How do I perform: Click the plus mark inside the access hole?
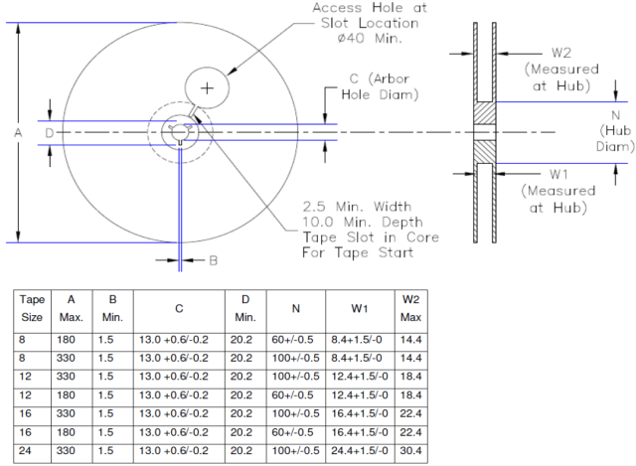[207, 88]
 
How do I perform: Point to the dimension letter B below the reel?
[213, 261]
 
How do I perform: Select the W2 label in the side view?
[561, 52]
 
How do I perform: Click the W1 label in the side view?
[561, 172]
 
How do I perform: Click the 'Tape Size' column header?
[33, 309]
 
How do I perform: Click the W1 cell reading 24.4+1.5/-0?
[355, 452]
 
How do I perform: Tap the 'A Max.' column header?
[71, 309]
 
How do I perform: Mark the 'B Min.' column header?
[108, 309]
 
